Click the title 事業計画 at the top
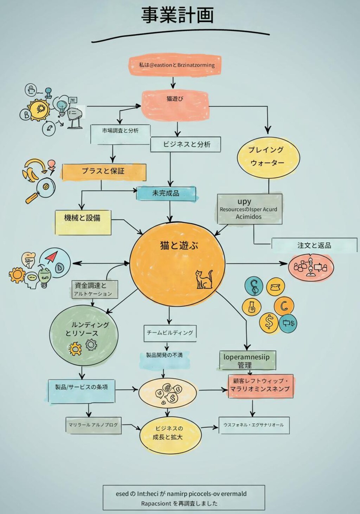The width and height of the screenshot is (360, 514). coord(178,15)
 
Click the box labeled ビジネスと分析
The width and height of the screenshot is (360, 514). coord(186,144)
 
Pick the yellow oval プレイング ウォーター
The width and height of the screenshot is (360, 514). coord(268,157)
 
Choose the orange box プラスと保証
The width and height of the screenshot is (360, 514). coord(104,172)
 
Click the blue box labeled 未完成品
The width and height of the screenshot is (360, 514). coord(166,194)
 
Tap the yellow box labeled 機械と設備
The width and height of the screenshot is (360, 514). coord(83,222)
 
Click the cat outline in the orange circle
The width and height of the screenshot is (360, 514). coord(204,280)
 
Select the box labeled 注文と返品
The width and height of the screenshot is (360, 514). coord(314,245)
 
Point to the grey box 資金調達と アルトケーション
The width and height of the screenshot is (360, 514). coord(94,289)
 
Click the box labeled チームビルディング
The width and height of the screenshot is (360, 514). coord(170,333)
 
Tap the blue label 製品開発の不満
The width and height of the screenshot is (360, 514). coord(165,356)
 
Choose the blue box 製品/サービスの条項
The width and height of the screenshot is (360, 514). coord(82,390)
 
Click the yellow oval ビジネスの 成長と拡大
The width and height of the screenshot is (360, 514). coord(170,434)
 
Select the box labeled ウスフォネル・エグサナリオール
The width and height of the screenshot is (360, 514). coord(254,425)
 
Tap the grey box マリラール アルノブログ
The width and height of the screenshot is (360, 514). coord(94,425)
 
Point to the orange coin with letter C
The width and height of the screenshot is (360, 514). coord(283,306)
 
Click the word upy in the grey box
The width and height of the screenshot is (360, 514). coord(244,202)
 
